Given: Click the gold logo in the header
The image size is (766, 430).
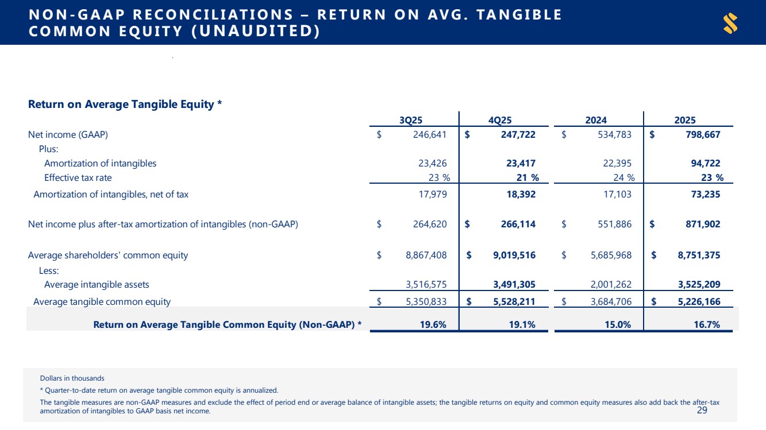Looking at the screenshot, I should [730, 24].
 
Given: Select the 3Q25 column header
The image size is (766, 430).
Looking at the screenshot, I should [411, 120].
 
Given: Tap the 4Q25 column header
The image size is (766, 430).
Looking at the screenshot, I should [499, 120].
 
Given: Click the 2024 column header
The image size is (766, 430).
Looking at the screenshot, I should [596, 120].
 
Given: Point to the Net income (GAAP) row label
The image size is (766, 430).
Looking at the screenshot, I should [68, 135].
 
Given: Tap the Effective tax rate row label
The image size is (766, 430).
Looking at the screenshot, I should [78, 178].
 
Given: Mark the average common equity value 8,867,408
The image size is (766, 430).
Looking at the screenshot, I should [426, 255].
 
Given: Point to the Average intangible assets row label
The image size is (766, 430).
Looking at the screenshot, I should [97, 284].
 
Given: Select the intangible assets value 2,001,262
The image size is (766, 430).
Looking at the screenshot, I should [607, 284].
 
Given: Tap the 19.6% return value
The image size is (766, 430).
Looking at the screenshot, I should [434, 325].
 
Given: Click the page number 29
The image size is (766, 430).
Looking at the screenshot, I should [702, 410].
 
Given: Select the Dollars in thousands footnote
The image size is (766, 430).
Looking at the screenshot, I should [72, 378].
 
